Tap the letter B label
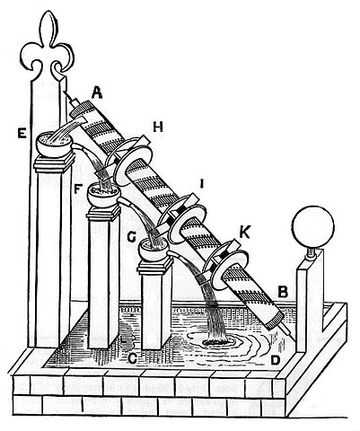[283, 292]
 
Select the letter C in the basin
[132, 358]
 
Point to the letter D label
[274, 359]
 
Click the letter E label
[22, 133]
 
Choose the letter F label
[78, 189]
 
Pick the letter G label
[132, 236]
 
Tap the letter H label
[158, 128]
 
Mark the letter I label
[201, 183]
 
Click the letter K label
[244, 233]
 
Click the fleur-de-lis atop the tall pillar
[47, 45]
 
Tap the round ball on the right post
[312, 226]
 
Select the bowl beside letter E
[54, 145]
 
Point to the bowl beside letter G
[154, 248]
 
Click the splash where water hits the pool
[218, 340]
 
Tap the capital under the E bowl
[55, 163]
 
